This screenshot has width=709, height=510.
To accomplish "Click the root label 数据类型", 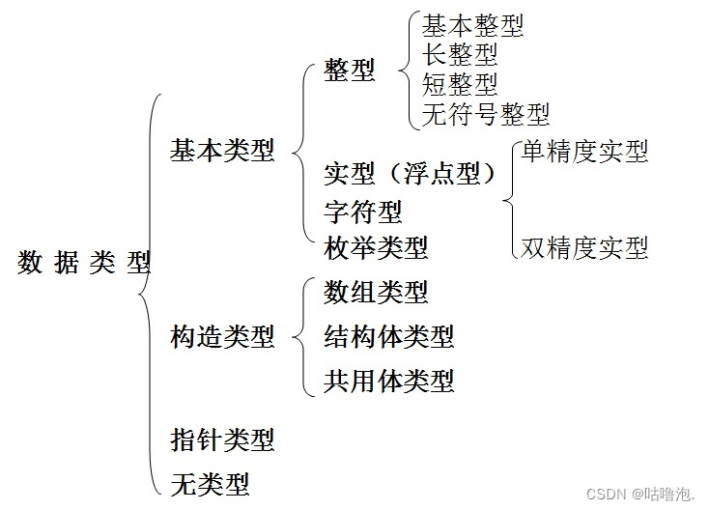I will [84, 263].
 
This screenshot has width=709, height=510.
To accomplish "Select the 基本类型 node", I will [222, 151].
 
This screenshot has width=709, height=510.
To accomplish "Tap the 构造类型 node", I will [222, 336].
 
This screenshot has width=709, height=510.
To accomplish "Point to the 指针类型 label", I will [222, 439].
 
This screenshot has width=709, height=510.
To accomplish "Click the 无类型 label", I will [210, 482].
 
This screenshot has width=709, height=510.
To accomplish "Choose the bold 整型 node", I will [350, 71].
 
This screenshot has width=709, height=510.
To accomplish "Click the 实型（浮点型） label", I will [411, 174].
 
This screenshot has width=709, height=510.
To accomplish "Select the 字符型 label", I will [363, 212].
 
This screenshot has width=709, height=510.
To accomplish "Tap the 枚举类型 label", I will [376, 247].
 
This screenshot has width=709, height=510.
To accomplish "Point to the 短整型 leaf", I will [460, 83].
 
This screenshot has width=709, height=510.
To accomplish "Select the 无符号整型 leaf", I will [486, 114].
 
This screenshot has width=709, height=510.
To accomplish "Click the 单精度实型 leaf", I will [584, 152].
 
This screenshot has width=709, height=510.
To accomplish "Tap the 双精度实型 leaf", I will [584, 247].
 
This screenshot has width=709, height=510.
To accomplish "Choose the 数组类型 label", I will [376, 291].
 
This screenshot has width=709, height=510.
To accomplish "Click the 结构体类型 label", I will [389, 336].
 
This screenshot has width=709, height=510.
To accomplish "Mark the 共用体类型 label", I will [389, 381].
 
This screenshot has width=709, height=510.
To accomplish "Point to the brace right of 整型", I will [407, 71].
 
